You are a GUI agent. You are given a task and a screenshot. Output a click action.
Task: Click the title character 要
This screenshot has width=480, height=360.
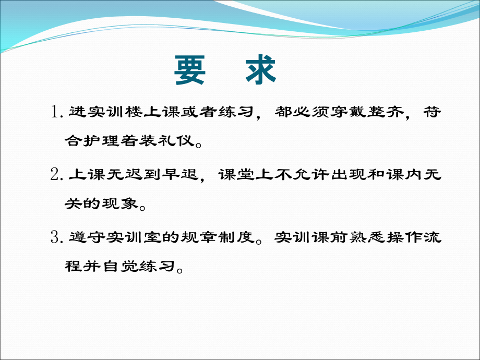pos(190,70)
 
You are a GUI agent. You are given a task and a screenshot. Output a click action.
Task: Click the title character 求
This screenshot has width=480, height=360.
pos(260,70)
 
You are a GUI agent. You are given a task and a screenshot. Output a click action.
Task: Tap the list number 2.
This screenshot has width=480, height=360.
pos(56,176)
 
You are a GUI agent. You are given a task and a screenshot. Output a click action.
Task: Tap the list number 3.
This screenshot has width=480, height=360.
pos(56,238)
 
